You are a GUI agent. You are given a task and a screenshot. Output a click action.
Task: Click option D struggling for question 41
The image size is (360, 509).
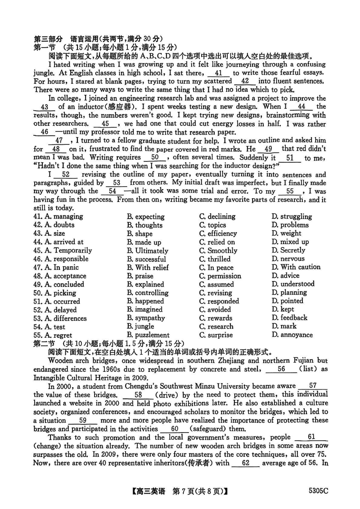[x=292, y=216]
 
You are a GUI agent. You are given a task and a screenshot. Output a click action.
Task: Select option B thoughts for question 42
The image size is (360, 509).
[x=144, y=225]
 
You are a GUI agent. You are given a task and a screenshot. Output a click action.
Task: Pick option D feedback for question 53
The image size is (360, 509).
[x=289, y=318]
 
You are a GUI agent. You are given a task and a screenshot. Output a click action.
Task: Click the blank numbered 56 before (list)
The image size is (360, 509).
[x=281, y=369]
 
